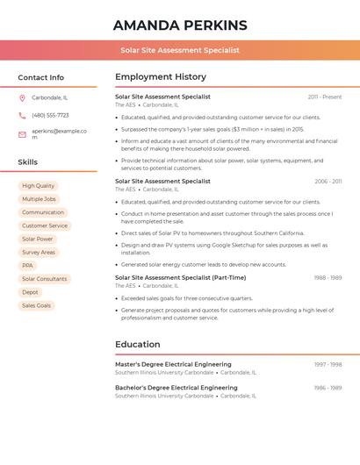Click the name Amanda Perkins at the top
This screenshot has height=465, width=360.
point(180,25)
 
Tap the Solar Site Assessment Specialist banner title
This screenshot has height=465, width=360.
point(180,51)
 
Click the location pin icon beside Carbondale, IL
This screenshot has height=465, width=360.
point(22,97)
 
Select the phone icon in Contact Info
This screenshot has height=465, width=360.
point(22,115)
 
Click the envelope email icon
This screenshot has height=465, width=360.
point(22,133)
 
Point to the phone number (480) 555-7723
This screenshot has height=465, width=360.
point(50,115)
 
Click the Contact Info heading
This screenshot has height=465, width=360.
point(40,77)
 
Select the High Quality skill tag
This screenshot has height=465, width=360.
point(38,186)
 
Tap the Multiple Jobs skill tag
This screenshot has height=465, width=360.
point(39,199)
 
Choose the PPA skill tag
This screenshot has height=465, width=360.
point(27,266)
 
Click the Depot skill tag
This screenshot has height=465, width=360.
point(30,292)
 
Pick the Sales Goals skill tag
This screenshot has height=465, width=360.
point(36,305)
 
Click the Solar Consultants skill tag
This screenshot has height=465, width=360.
point(44,279)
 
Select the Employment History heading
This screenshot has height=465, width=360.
point(161,77)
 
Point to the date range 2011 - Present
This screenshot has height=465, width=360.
point(325,97)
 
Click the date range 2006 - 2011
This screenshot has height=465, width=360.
point(328,182)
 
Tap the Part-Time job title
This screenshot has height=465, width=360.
point(180,277)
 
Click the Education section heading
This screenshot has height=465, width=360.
point(137,345)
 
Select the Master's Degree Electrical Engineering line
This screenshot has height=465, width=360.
point(173,364)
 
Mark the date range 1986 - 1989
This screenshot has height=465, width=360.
point(328,388)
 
